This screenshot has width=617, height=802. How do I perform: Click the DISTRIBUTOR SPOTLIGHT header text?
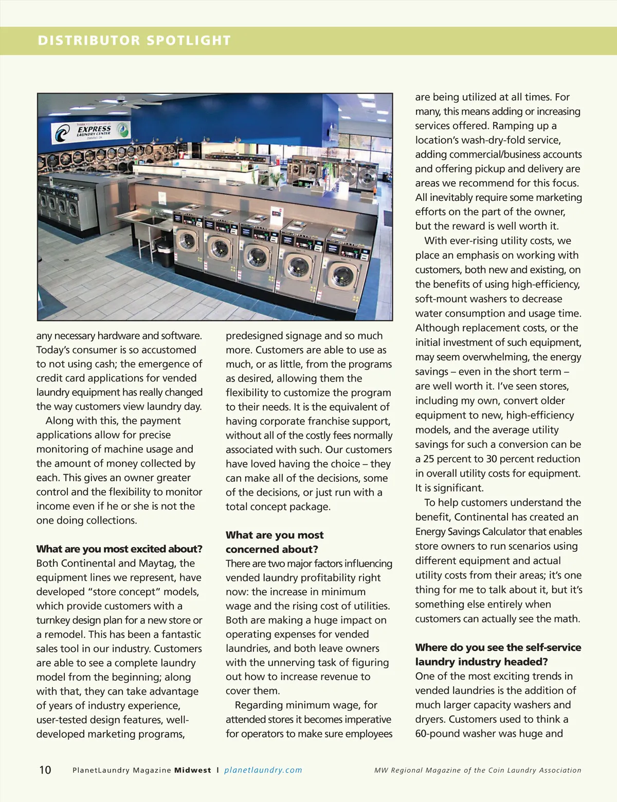pyautogui.click(x=134, y=41)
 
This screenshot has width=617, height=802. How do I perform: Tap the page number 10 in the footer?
pyautogui.click(x=45, y=770)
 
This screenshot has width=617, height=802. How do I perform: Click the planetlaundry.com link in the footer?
pyautogui.click(x=263, y=770)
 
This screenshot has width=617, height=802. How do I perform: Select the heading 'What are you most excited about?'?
pyautogui.click(x=119, y=549)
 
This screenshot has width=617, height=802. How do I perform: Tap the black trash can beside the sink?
pyautogui.click(x=165, y=255)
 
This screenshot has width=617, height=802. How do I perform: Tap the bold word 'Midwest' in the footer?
pyautogui.click(x=193, y=770)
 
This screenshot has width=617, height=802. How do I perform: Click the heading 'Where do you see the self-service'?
pyautogui.click(x=498, y=647)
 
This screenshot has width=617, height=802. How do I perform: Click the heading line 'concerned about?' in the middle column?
pyautogui.click(x=272, y=549)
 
